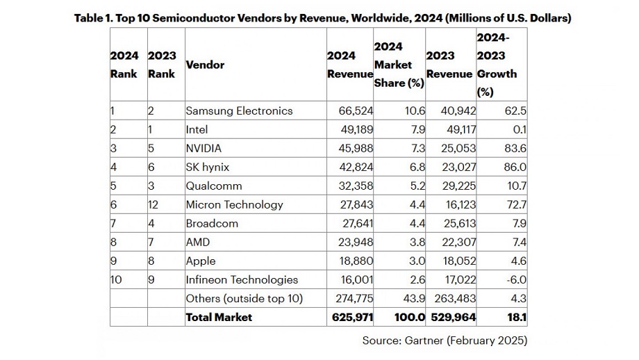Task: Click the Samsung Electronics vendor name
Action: (x=239, y=111)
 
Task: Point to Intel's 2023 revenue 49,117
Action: (x=454, y=129)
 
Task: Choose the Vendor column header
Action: (x=205, y=65)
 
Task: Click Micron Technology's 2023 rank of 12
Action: (x=154, y=204)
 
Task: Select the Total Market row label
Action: (x=219, y=317)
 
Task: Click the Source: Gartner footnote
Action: (x=445, y=341)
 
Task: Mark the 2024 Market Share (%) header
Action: (x=399, y=65)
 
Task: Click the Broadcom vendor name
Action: (x=212, y=223)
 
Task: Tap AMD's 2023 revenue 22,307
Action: (x=454, y=242)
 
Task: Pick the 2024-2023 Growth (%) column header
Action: (x=497, y=65)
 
